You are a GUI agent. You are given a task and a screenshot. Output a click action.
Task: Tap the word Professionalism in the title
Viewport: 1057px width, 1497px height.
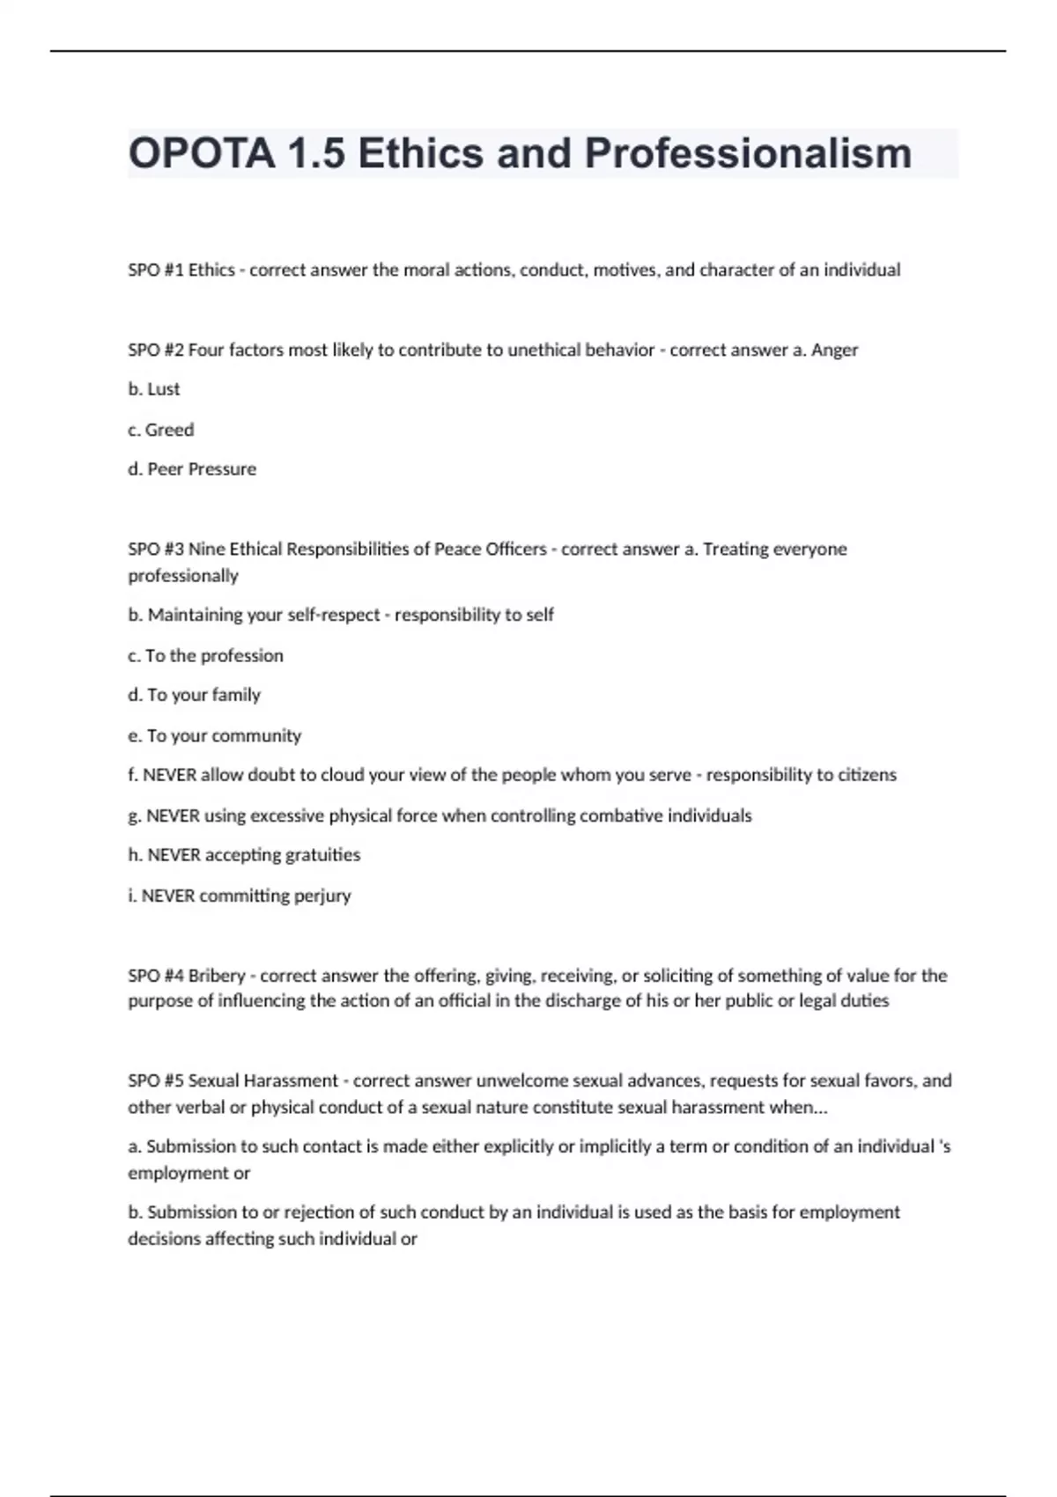(x=748, y=153)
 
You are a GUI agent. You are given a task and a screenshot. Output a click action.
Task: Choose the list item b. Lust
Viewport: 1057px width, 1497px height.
(x=154, y=389)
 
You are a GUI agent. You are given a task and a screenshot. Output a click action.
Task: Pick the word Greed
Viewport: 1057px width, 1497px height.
(x=169, y=430)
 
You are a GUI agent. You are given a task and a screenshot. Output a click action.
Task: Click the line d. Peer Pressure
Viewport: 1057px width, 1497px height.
(x=192, y=469)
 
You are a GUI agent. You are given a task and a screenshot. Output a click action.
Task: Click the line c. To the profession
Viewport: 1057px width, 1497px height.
(x=205, y=656)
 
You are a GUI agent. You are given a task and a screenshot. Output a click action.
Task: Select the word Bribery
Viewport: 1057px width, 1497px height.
(x=217, y=976)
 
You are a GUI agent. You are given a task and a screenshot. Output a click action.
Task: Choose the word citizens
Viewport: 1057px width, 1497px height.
(x=865, y=775)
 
